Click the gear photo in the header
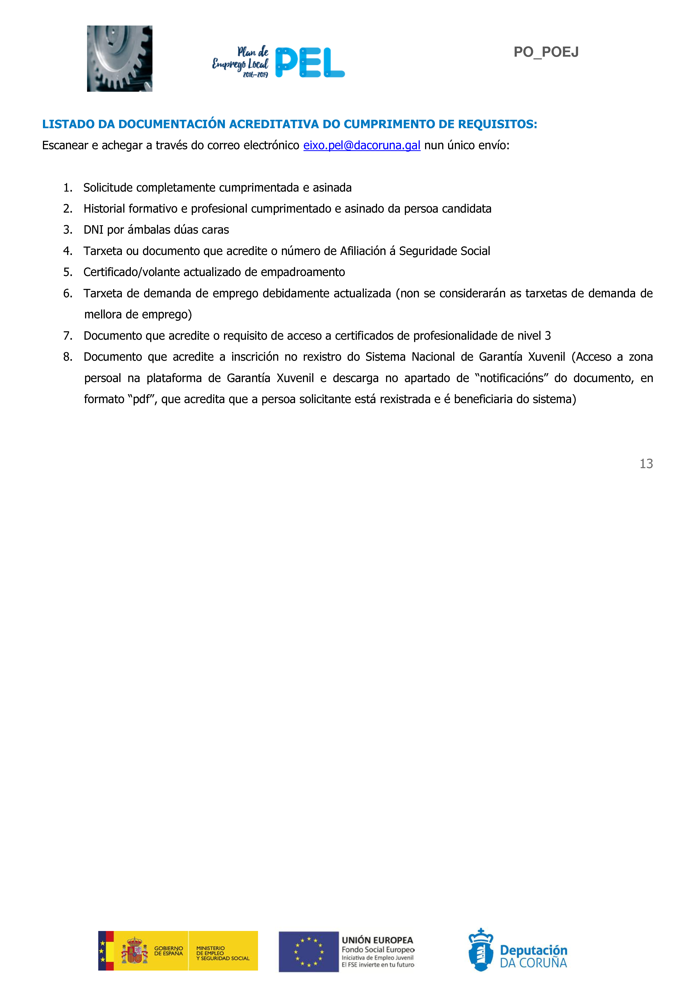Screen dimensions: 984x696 tap(120, 58)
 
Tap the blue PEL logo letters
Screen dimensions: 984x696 tap(310, 63)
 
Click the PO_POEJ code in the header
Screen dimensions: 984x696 tap(546, 52)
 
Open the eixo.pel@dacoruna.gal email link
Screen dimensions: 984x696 tap(362, 146)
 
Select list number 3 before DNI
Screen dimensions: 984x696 tap(67, 230)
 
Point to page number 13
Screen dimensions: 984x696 tap(646, 464)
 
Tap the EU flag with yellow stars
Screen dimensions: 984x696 tap(308, 951)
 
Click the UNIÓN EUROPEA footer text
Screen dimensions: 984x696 tap(377, 940)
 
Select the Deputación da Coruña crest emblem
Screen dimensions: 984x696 tap(481, 951)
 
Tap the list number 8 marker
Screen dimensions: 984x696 tap(67, 357)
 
